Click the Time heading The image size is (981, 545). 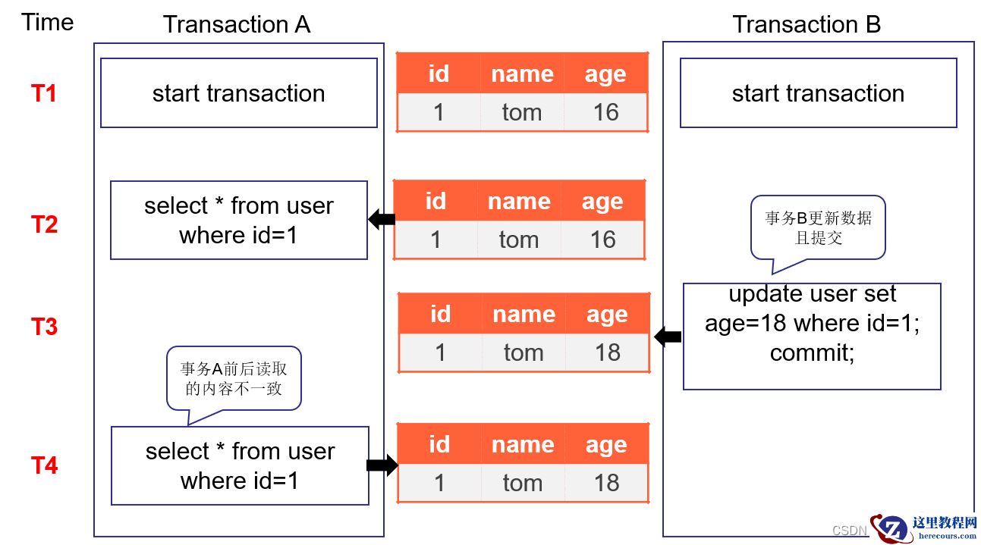click(x=47, y=22)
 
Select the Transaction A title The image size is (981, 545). click(x=237, y=24)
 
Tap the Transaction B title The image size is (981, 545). click(x=806, y=24)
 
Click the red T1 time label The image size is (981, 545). click(x=44, y=93)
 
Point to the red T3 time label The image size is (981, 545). click(x=44, y=326)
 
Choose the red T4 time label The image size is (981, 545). click(x=44, y=465)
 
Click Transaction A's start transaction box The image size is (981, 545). click(x=239, y=93)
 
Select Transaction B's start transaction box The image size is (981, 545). click(x=819, y=93)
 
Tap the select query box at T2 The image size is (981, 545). click(x=239, y=220)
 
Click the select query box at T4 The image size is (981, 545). click(x=240, y=466)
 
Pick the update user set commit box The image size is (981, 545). click(x=812, y=337)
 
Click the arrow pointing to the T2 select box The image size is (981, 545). click(x=382, y=219)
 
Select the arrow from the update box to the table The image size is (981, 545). click(x=668, y=337)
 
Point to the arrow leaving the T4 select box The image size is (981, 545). click(x=382, y=465)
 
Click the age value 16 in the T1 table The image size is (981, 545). click(x=605, y=112)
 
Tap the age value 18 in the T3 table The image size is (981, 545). click(x=608, y=352)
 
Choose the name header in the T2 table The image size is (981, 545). click(x=520, y=202)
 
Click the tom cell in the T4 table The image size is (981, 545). click(x=523, y=484)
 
